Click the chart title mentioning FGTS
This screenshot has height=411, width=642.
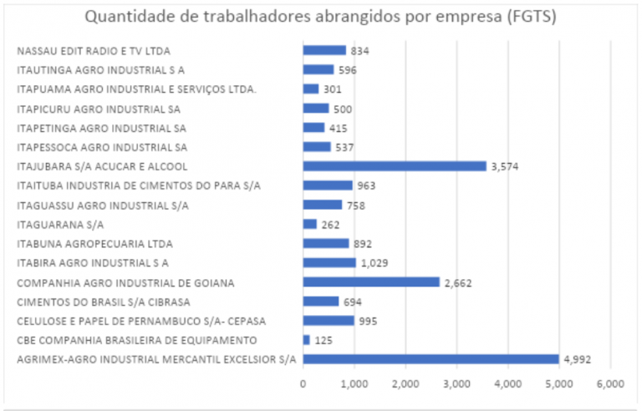pyautogui.click(x=321, y=17)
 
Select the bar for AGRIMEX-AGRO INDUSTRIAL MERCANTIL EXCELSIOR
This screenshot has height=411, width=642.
pyautogui.click(x=431, y=359)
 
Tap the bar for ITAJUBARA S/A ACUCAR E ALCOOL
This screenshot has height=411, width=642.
pyautogui.click(x=395, y=166)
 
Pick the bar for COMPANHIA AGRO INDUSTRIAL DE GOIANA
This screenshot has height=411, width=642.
pyautogui.click(x=371, y=282)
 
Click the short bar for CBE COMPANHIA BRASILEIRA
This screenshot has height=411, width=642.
pyautogui.click(x=307, y=340)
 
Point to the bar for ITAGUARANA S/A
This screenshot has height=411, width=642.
pyautogui.click(x=310, y=224)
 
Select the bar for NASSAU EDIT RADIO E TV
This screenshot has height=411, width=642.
pyautogui.click(x=324, y=50)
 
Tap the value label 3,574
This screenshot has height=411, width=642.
pyautogui.click(x=506, y=166)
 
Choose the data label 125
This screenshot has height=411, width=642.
pyautogui.click(x=324, y=340)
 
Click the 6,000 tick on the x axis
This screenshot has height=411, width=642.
pyautogui.click(x=610, y=384)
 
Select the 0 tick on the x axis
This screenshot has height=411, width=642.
pyautogui.click(x=303, y=384)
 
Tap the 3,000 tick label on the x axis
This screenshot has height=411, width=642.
pyautogui.click(x=456, y=384)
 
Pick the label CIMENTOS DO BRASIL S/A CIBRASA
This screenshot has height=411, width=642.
pyautogui.click(x=104, y=302)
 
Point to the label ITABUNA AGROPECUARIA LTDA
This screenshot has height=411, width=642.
pyautogui.click(x=94, y=244)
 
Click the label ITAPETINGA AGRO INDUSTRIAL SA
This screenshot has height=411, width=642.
pyautogui.click(x=101, y=128)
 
